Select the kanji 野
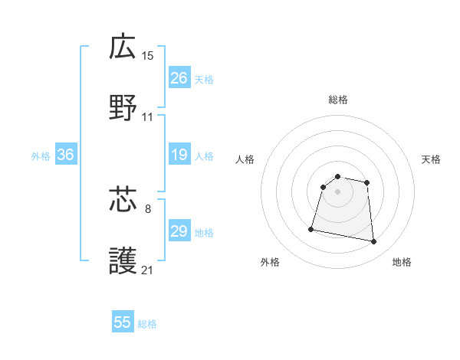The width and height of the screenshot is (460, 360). [x=123, y=108]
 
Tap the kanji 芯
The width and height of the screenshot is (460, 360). [x=123, y=200]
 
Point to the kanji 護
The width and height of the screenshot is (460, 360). [x=123, y=261]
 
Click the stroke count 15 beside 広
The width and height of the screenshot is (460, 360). [x=148, y=55]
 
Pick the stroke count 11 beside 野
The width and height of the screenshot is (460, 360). [x=148, y=117]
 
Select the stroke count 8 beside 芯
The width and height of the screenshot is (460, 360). [x=148, y=208]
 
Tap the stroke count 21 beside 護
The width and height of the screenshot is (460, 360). [x=148, y=270]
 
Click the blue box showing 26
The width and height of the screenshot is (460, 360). [x=179, y=78]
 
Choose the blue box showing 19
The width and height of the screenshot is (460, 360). [x=179, y=155]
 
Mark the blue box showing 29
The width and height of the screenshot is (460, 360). [x=179, y=231]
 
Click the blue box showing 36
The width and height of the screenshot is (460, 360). [x=65, y=155]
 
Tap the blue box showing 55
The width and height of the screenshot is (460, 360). [x=123, y=322]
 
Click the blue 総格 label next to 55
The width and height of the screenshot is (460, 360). [x=147, y=324]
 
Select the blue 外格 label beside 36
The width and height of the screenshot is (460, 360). [x=41, y=156]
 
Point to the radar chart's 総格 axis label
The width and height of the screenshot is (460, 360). [x=338, y=100]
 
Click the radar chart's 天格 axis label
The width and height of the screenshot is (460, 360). [x=432, y=159]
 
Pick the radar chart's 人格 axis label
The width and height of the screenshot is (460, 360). [x=245, y=159]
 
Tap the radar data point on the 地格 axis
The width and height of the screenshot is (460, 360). [x=373, y=242]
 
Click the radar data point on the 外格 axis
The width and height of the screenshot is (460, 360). [x=311, y=228]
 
